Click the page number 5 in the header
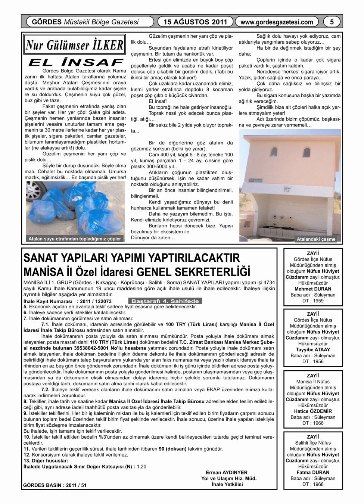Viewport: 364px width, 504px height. (x=332, y=22)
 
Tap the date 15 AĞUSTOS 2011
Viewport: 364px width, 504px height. (x=196, y=22)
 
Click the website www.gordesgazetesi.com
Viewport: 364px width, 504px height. (x=277, y=22)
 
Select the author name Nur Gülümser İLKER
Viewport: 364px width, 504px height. (x=74, y=45)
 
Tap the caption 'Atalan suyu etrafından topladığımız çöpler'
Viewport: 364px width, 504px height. (x=75, y=239)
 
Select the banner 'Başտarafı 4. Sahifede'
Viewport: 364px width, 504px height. (x=165, y=301)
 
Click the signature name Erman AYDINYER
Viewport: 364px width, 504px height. (x=227, y=472)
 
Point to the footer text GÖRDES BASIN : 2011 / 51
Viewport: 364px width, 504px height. (x=55, y=486)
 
